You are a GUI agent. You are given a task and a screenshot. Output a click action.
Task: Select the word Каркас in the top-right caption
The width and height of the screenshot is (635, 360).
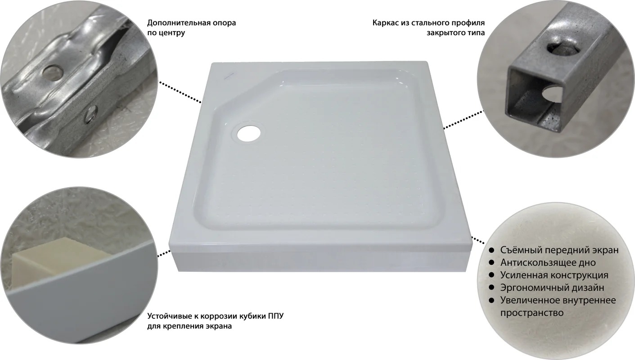point(384,22)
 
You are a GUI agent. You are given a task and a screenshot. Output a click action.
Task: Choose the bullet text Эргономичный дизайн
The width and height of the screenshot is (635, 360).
point(552,288)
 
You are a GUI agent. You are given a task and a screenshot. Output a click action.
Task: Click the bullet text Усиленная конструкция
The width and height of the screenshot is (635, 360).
point(554,275)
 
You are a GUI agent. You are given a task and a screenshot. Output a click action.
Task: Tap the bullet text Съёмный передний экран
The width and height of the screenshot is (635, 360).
point(559,250)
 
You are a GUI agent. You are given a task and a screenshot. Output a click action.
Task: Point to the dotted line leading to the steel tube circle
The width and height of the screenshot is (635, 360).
point(464,119)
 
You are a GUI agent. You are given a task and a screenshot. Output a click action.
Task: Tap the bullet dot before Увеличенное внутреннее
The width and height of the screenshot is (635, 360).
point(492,300)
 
